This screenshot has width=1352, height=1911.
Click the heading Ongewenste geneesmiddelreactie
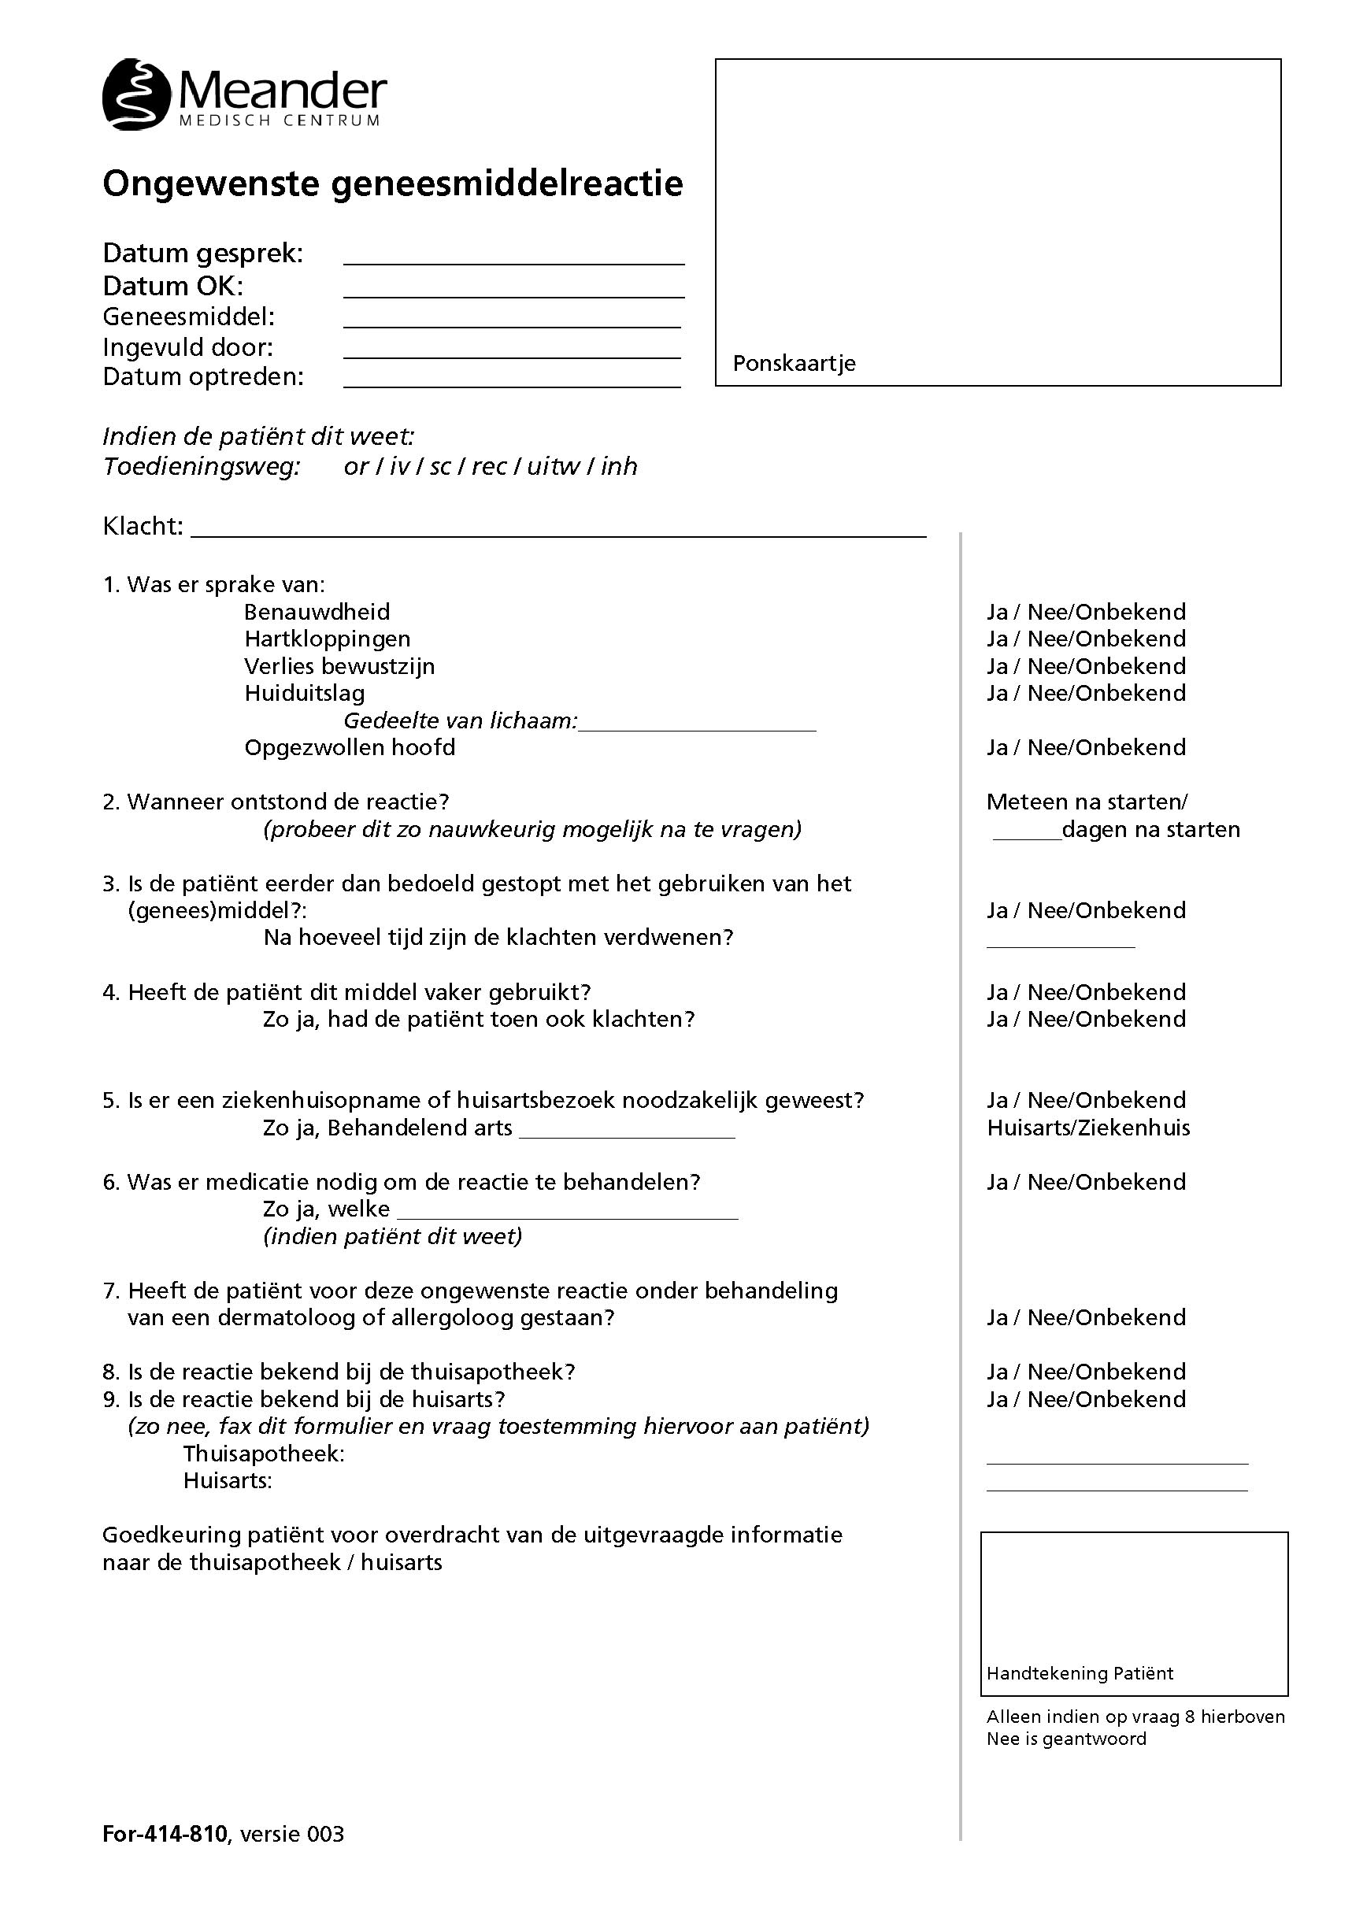coord(392,184)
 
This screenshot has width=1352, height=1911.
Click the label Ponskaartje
coord(794,364)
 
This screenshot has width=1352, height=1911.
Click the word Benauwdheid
coord(317,613)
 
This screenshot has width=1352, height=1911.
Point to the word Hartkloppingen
coord(328,639)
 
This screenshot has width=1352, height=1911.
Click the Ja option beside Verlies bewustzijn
coord(998,667)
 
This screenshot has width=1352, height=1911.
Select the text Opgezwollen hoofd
coord(350,748)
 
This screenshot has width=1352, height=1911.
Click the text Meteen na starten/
coord(1087,802)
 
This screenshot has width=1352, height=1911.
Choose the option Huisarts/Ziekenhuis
coord(1088,1128)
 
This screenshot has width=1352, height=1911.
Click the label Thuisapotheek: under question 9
coord(264,1454)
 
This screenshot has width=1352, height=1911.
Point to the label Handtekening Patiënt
coord(1080,1674)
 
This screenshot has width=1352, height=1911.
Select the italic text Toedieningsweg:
coord(201,467)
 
